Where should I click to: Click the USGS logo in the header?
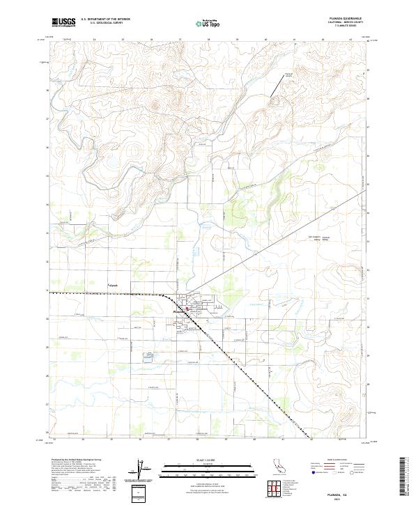click(63, 22)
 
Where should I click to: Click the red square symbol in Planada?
click(187, 308)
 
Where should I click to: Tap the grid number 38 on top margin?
click(209, 40)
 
